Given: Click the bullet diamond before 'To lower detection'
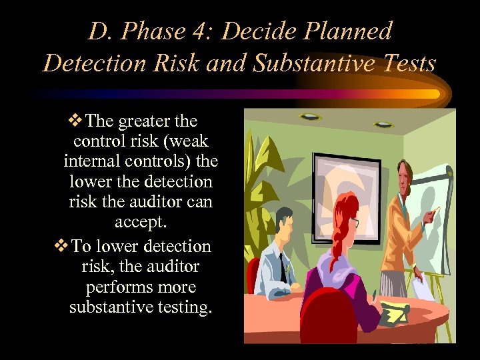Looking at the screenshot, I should (61, 246).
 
